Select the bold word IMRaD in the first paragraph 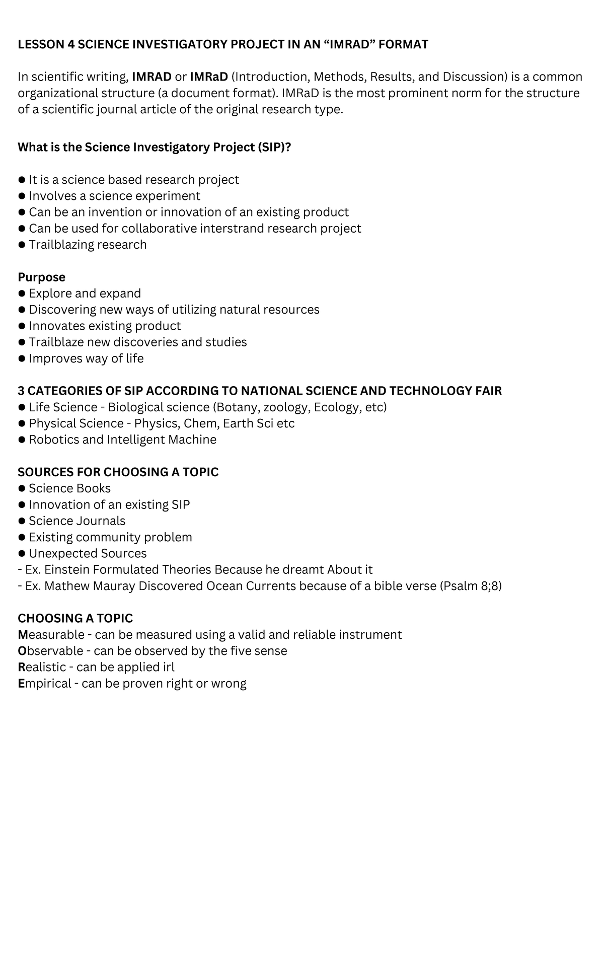click(x=209, y=77)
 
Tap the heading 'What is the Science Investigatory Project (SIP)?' click(x=155, y=148)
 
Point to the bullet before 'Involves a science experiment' click(x=21, y=196)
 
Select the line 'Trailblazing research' click(x=88, y=245)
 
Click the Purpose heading click(x=41, y=277)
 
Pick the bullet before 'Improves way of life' click(x=21, y=359)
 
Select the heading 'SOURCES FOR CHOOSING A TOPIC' click(x=118, y=472)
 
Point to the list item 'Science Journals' click(x=77, y=521)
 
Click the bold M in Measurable click(x=23, y=635)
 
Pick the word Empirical click(x=44, y=684)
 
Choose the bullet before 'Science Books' click(x=21, y=489)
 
